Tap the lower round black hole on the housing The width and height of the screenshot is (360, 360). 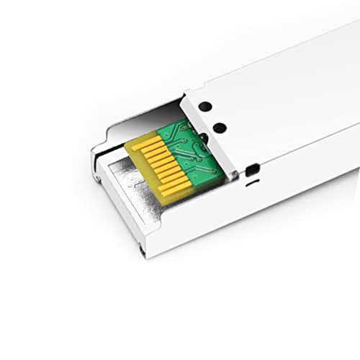coord(220,128)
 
